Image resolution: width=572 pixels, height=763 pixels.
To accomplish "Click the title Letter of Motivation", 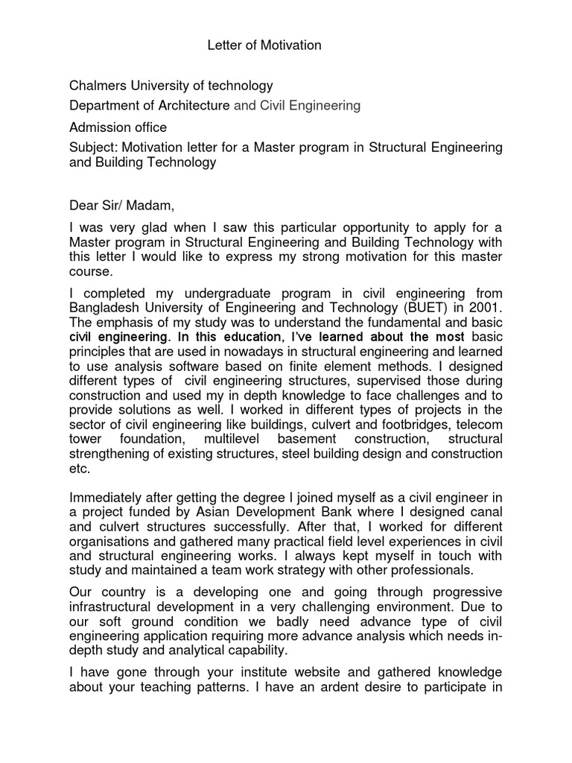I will (x=264, y=45).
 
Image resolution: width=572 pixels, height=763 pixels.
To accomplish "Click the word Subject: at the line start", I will (x=92, y=148).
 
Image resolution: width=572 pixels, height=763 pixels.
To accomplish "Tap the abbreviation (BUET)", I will (x=414, y=306).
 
